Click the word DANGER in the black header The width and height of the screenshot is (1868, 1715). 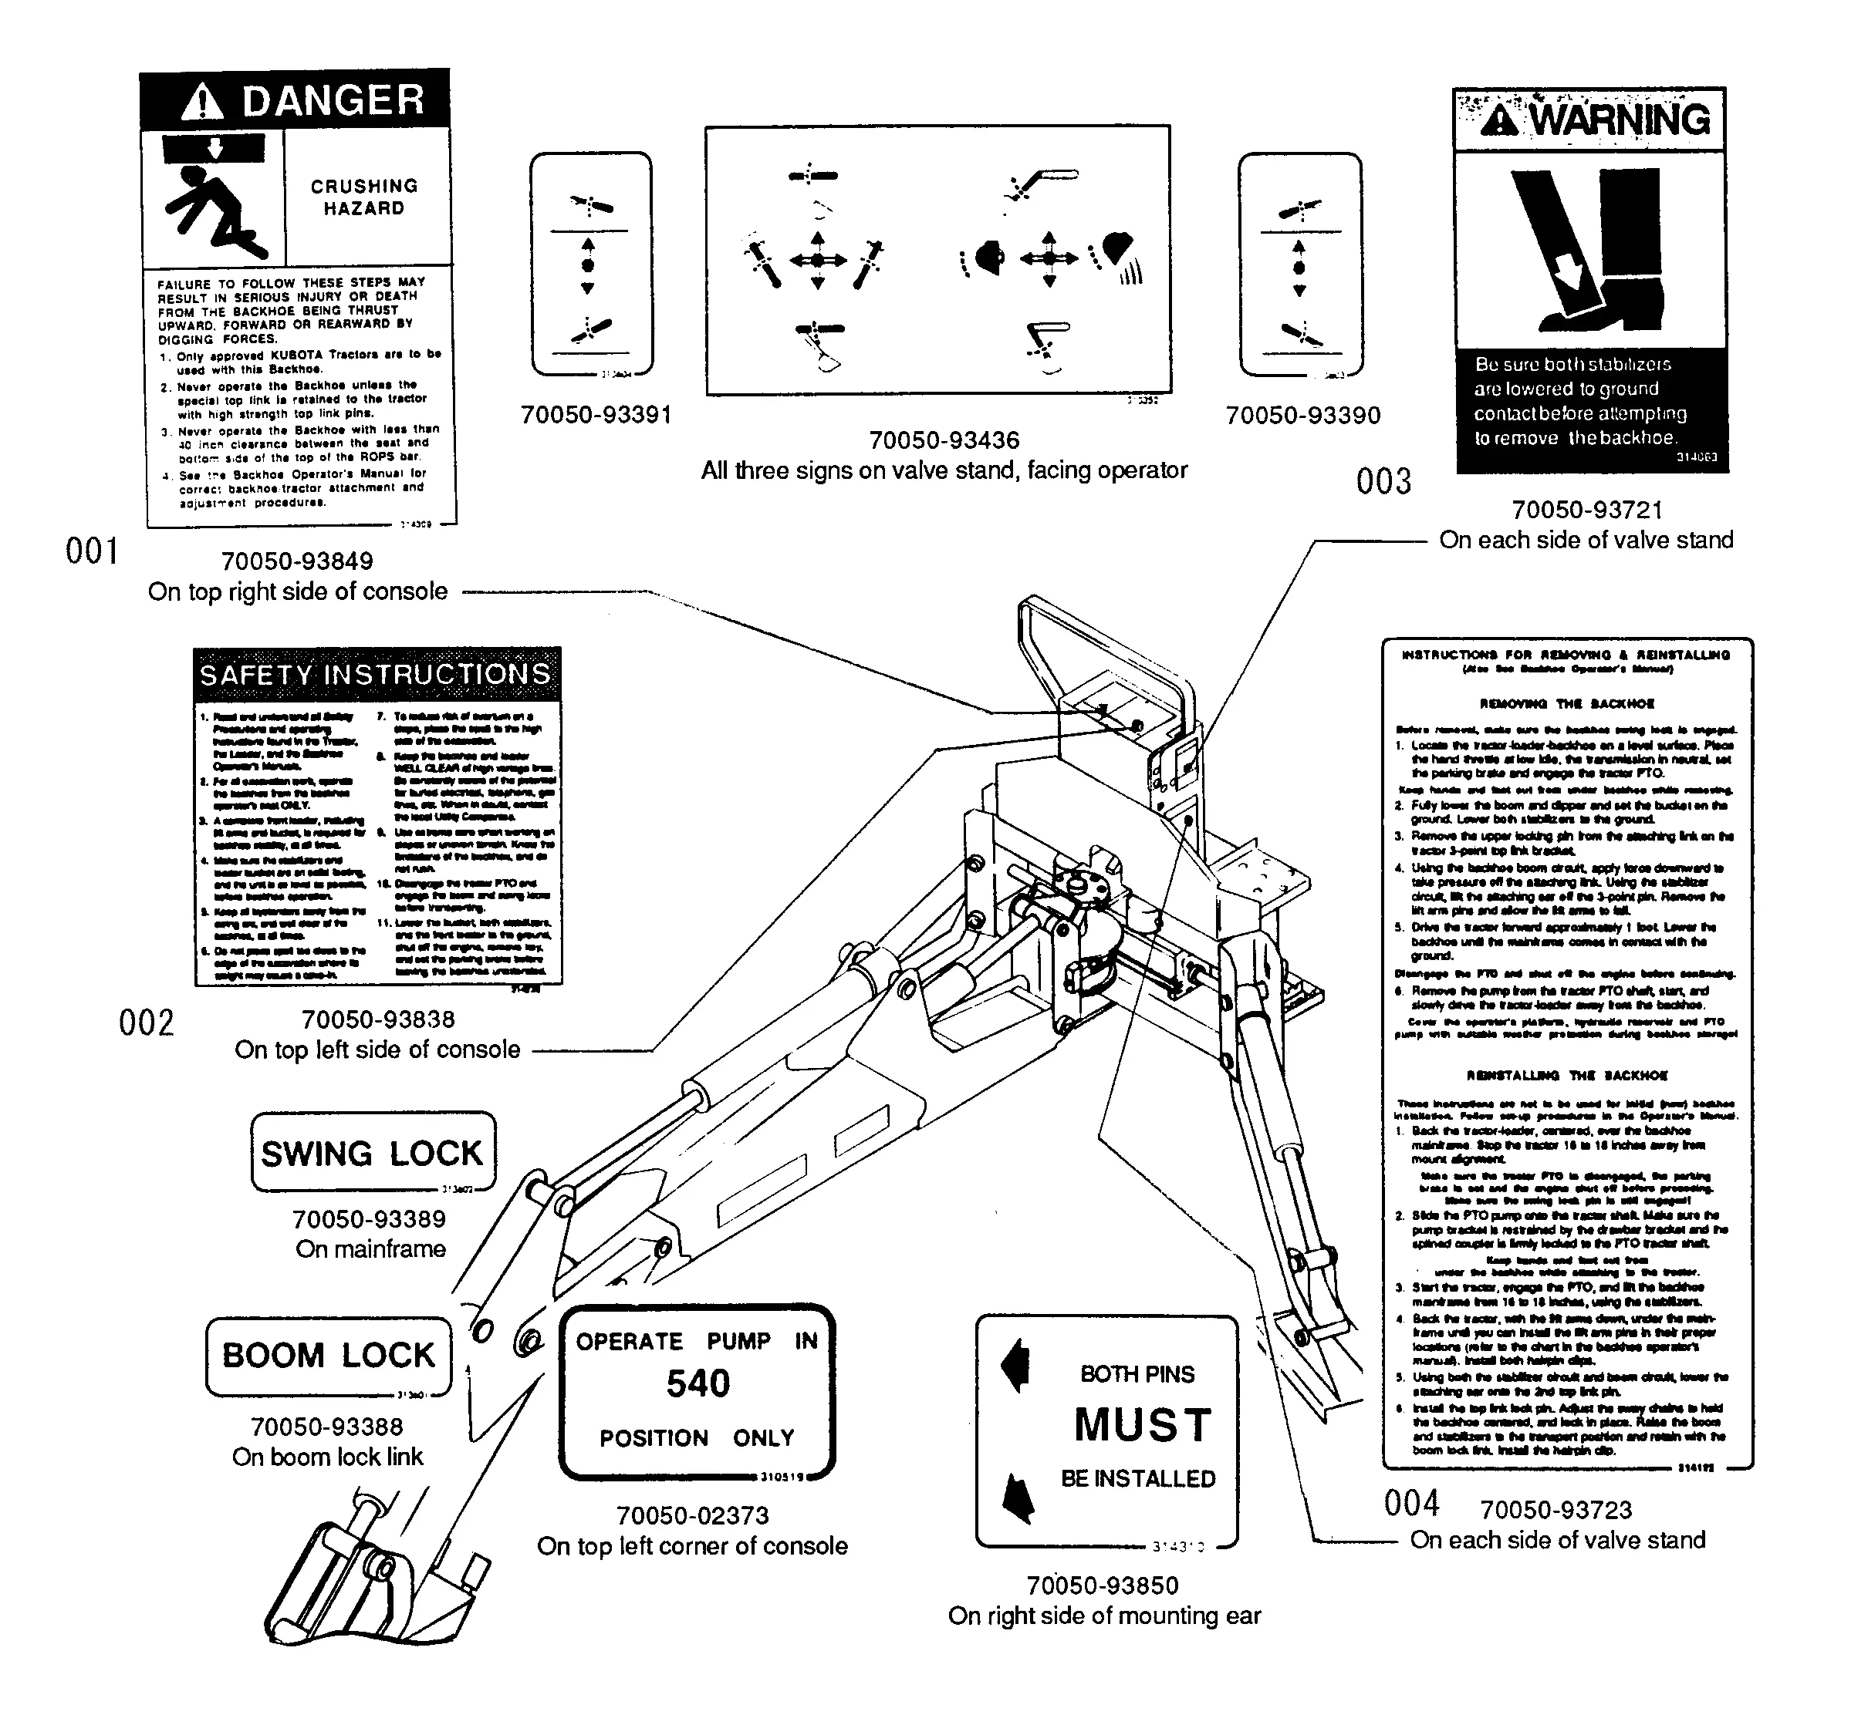[333, 100]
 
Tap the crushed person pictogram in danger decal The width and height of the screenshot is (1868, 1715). [214, 211]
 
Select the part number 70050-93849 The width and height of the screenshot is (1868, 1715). [296, 561]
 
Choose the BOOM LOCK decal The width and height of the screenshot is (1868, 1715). [329, 1356]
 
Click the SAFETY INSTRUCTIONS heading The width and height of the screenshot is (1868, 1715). [376, 675]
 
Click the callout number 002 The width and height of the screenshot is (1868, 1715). [147, 1023]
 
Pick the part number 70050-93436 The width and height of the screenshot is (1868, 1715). [944, 440]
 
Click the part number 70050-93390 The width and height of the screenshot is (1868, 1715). [1302, 416]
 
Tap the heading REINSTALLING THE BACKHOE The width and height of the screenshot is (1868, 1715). [1567, 1076]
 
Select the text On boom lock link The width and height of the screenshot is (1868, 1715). [327, 1457]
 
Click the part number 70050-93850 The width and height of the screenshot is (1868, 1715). [1102, 1586]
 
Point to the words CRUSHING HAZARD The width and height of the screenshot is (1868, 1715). [364, 197]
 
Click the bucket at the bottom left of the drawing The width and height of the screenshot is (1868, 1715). [371, 1578]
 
